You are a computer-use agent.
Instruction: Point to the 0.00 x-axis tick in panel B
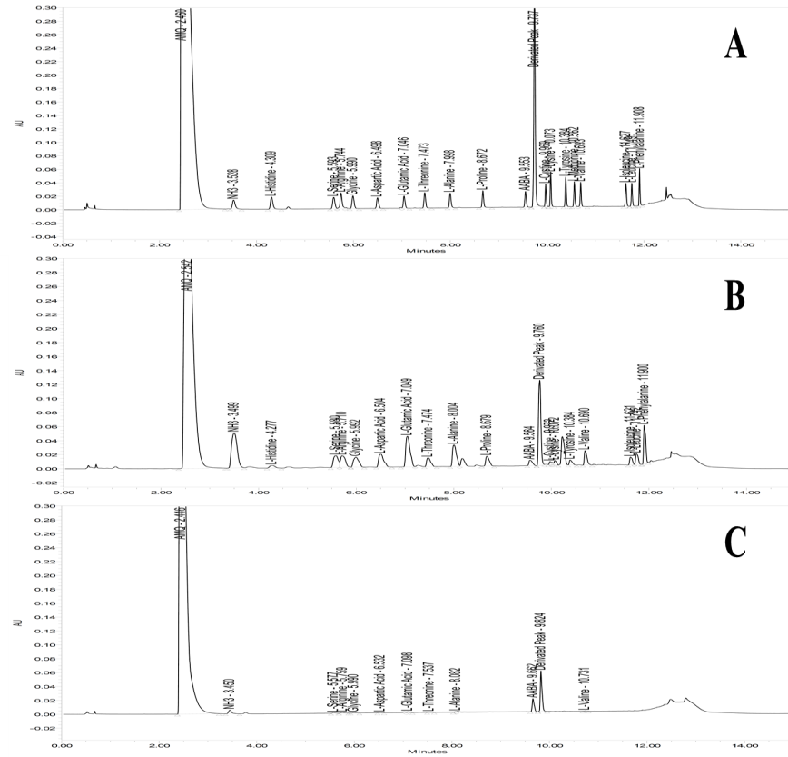pos(63,493)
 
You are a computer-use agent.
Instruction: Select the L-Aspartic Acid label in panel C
pos(378,682)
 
